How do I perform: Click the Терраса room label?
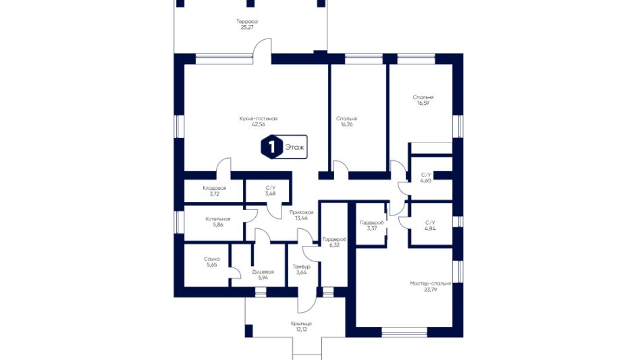click(247, 22)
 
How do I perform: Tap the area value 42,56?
click(259, 124)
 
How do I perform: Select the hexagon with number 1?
click(272, 147)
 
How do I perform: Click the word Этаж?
click(295, 147)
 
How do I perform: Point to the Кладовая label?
click(214, 188)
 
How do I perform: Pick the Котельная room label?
click(218, 219)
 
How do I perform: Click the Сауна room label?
click(212, 259)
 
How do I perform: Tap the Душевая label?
click(263, 272)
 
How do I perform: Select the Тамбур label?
click(301, 267)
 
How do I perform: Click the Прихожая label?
click(301, 213)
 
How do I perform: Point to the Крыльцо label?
click(301, 324)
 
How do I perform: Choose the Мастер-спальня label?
click(430, 284)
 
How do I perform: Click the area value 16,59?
click(423, 103)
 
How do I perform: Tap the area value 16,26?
click(346, 124)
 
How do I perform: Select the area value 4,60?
click(426, 180)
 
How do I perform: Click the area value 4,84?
click(430, 228)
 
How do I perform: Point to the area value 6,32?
click(335, 245)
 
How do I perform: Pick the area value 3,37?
click(372, 228)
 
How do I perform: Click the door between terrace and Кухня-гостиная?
click(262, 51)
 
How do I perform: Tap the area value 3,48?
click(270, 194)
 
